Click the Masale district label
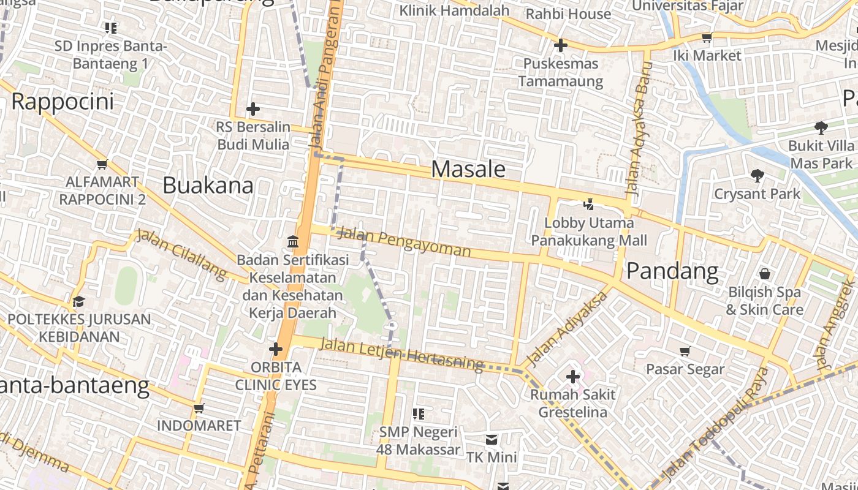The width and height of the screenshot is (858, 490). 469,169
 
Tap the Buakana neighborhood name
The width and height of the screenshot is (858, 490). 208,185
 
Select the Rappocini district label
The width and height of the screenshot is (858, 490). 63,101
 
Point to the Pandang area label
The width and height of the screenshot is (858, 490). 672,271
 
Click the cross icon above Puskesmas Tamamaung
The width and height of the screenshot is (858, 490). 560,45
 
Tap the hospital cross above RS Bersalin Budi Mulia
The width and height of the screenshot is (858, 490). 252,110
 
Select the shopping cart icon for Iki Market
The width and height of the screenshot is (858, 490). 707,37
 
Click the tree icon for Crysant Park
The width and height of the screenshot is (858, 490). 757,176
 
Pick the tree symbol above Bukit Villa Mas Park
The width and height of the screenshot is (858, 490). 821,128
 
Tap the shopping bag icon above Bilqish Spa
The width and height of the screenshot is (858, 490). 764,274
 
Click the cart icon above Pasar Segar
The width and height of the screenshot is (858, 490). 685,351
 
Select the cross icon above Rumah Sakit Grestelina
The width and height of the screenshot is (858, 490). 573,376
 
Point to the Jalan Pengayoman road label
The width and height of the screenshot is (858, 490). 404,242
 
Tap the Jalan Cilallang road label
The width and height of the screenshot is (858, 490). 181,254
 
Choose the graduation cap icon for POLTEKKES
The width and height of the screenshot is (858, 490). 78,301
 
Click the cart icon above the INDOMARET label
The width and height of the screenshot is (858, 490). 199,408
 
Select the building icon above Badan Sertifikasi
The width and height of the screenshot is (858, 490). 292,242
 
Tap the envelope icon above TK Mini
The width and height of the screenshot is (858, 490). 492,440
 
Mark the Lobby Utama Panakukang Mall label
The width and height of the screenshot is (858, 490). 588,231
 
